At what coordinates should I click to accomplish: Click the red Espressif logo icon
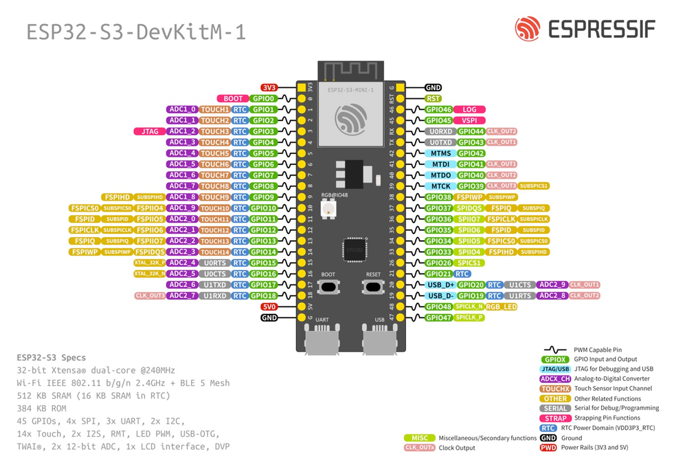528,29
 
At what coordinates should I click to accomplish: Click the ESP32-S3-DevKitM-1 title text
135,32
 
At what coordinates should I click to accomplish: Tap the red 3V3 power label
269,88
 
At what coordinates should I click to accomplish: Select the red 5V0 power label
269,307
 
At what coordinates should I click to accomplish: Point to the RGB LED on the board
328,207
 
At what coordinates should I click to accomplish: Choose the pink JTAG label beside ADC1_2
149,131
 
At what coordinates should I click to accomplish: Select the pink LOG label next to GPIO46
469,110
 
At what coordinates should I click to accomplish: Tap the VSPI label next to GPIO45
469,120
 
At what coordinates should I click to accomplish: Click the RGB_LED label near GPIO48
502,307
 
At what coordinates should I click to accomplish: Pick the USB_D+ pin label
440,285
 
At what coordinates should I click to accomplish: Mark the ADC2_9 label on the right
552,285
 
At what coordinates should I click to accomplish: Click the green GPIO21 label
438,274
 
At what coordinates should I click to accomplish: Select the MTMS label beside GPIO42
440,153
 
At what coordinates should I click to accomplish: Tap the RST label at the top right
433,99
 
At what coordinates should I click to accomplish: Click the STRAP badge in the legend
555,418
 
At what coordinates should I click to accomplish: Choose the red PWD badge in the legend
548,448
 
